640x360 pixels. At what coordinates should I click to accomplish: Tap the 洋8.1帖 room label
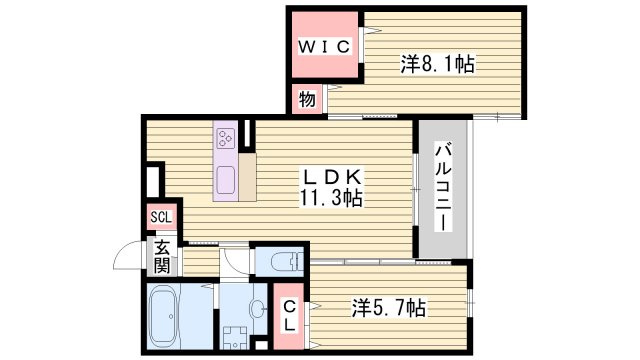[437, 65]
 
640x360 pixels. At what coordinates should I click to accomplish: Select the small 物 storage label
[305, 99]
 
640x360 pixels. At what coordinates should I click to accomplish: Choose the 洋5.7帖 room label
[390, 308]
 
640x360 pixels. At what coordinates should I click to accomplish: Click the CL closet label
[288, 315]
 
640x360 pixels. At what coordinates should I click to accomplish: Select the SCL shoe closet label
[160, 217]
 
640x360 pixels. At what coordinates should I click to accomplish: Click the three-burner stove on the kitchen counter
[225, 139]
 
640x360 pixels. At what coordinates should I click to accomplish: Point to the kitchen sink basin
[225, 182]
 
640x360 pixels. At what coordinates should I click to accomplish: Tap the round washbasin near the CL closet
[259, 308]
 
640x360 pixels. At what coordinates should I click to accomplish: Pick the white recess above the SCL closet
[154, 181]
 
